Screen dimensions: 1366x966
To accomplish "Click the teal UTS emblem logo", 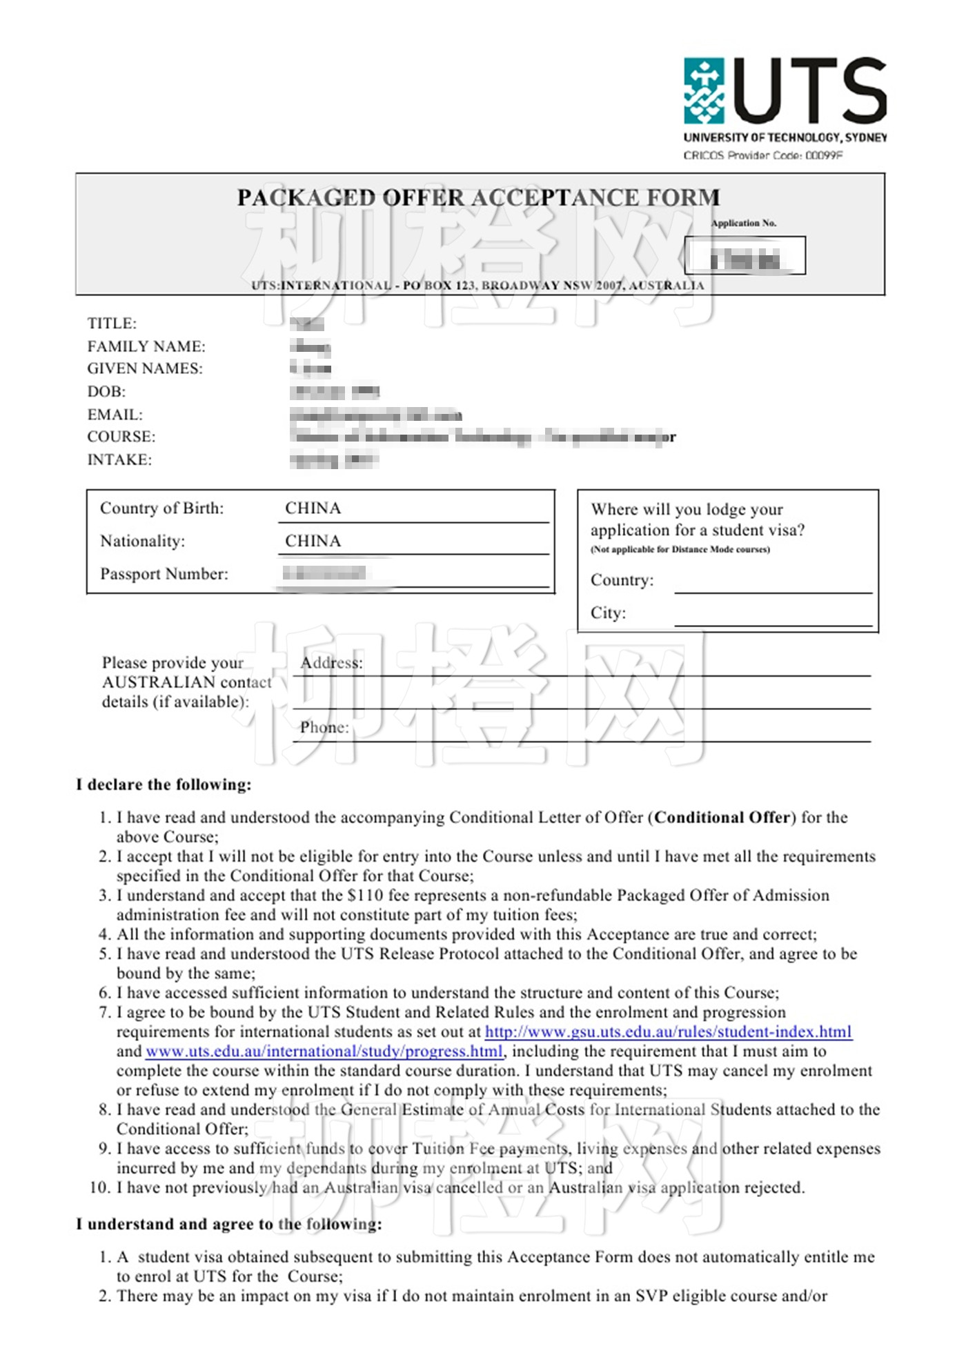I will (x=704, y=90).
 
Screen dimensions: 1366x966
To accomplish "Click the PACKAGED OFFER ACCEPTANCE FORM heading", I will (x=478, y=198).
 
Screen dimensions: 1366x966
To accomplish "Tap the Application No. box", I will (x=745, y=255).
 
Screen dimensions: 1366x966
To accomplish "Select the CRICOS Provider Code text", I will (x=762, y=155).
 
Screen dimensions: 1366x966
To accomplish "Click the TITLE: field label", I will (x=112, y=323).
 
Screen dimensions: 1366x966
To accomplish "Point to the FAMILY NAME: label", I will (x=146, y=346).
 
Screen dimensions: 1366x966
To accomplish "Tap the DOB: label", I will (x=106, y=392).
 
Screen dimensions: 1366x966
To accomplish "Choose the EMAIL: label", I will (x=115, y=415).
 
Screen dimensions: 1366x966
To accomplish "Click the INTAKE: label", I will (x=119, y=459).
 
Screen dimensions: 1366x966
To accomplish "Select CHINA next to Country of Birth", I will (x=313, y=508).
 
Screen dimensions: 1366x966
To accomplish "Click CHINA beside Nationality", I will (x=313, y=541).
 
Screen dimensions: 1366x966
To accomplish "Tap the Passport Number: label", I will (x=164, y=574).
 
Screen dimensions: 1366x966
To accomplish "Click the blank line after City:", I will (x=773, y=618).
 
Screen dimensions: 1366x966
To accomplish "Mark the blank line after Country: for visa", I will (x=773, y=585).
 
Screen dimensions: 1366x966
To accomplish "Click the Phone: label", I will (x=324, y=727).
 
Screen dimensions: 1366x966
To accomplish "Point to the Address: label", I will (x=331, y=663).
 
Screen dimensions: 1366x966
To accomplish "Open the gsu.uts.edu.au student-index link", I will (x=668, y=1032).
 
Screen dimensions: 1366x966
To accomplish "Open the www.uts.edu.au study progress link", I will (x=324, y=1051).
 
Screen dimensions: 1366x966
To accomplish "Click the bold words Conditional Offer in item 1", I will (x=722, y=818).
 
